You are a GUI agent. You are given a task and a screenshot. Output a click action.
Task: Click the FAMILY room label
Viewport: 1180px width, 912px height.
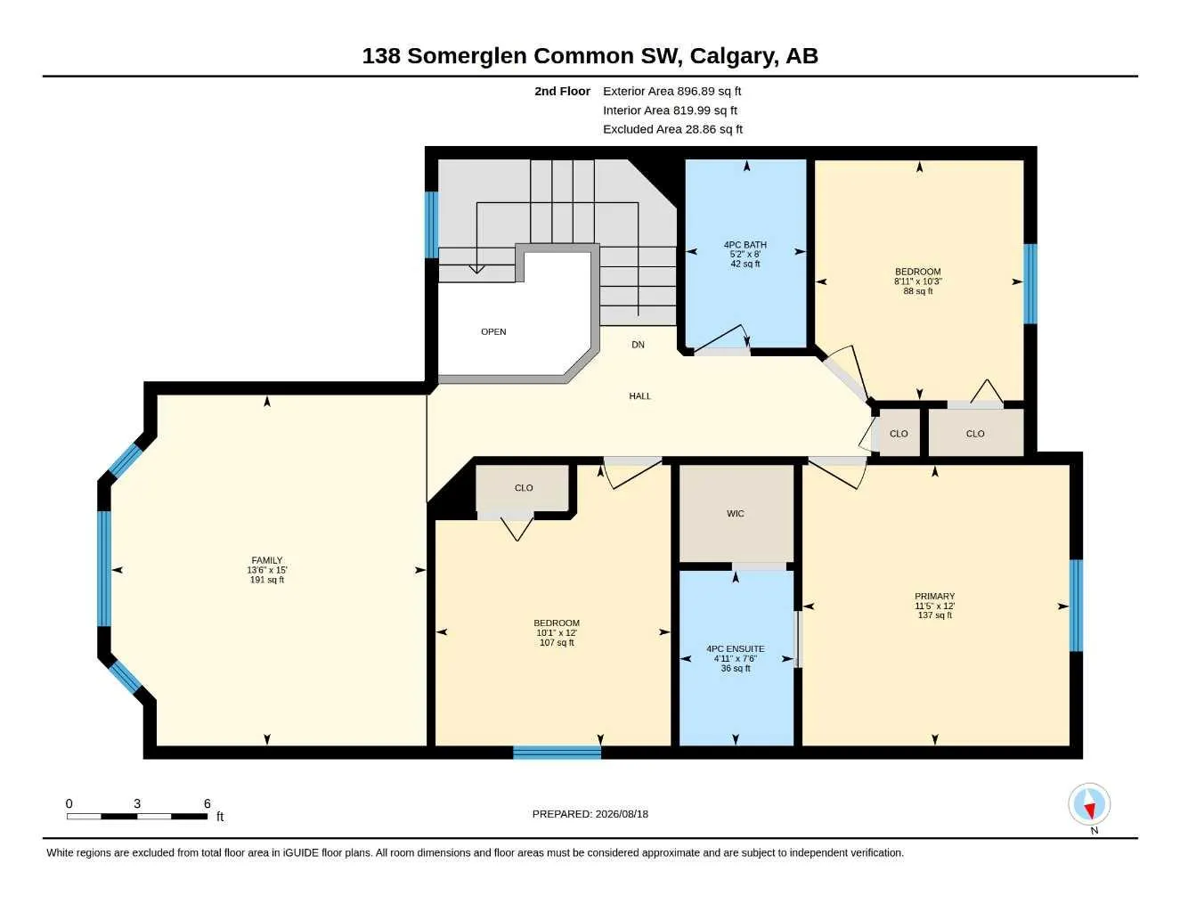click(266, 559)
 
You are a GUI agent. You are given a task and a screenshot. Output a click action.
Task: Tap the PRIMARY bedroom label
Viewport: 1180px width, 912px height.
click(934, 596)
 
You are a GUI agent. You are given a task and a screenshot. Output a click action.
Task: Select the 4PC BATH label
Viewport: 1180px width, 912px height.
click(745, 244)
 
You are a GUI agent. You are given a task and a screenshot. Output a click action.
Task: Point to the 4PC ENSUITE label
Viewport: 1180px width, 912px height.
click(736, 648)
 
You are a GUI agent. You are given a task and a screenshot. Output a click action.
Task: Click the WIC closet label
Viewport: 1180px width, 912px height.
click(736, 513)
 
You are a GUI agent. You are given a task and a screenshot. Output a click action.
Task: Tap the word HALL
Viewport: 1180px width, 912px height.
click(639, 395)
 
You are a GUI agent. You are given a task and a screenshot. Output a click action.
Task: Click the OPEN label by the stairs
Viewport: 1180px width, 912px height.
click(493, 331)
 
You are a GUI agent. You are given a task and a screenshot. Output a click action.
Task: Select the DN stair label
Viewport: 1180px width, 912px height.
click(638, 344)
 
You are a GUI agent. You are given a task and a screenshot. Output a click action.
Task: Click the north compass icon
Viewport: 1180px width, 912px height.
click(1089, 804)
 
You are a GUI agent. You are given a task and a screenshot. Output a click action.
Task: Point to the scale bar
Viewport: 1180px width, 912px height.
click(137, 816)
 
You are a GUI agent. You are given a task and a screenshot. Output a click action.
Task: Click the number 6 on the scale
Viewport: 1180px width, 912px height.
click(207, 803)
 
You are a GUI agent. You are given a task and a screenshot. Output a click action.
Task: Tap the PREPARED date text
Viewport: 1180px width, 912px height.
click(590, 814)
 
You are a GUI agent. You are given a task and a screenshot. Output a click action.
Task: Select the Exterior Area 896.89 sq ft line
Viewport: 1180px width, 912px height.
click(671, 91)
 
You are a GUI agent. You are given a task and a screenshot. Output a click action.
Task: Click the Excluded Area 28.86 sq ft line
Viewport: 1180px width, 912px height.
click(672, 129)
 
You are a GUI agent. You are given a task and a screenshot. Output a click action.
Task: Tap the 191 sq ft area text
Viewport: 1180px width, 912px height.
click(266, 579)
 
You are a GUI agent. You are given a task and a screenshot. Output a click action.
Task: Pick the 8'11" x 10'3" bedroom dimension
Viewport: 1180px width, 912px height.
click(917, 281)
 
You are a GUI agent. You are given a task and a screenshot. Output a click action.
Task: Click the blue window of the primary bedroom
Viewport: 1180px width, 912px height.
click(1076, 606)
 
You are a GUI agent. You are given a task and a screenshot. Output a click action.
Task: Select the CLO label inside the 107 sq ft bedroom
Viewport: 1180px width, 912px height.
click(524, 487)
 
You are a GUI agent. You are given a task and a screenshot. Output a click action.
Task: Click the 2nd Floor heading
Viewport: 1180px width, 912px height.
click(562, 91)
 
